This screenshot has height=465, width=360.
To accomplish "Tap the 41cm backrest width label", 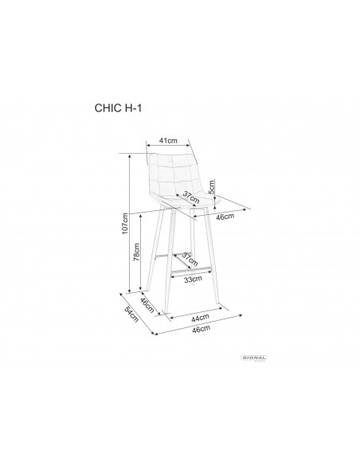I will tap(167, 141).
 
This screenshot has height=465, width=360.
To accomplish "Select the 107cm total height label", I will tap(124, 225).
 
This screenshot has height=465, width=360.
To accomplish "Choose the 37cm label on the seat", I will tap(190, 197).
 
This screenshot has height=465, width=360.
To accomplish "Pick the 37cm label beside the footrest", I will tap(190, 260).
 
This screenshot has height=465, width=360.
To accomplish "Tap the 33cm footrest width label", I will tap(191, 280).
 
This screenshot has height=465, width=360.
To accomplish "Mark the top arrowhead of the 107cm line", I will tap(130, 155).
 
